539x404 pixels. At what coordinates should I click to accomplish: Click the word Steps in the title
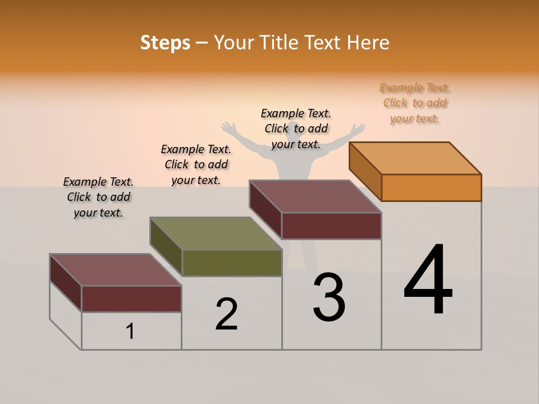click(x=165, y=43)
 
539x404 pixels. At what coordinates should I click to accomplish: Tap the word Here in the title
click(x=368, y=43)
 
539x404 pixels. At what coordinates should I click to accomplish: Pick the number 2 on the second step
click(x=226, y=314)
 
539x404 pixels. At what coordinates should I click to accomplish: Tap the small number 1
click(x=130, y=331)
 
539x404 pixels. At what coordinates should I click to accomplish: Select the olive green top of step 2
click(x=216, y=233)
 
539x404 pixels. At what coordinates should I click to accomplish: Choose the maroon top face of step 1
click(x=115, y=269)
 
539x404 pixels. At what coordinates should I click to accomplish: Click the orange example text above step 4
click(x=414, y=103)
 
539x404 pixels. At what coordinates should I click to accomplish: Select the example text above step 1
click(x=98, y=197)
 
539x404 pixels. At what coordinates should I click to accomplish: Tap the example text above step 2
click(x=196, y=164)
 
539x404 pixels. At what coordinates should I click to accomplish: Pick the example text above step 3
click(x=296, y=128)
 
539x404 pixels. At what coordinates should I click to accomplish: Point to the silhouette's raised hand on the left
click(x=227, y=127)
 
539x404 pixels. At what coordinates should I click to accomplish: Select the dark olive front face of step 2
click(x=232, y=263)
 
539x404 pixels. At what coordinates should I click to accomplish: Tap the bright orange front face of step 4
click(x=431, y=187)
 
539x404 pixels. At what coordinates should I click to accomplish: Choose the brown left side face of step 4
click(x=365, y=171)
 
